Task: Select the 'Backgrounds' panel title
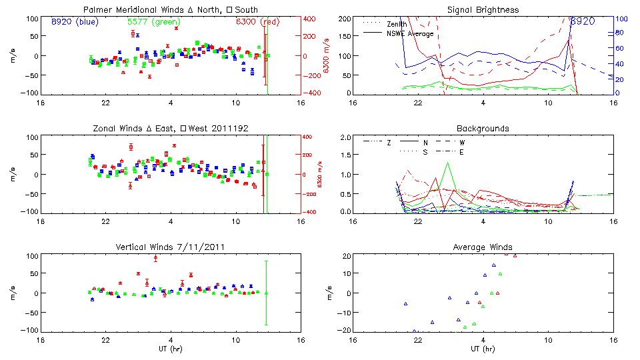click(483, 128)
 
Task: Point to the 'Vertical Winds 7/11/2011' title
click(171, 247)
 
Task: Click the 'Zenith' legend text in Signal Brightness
click(395, 24)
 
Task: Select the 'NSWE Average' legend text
click(409, 33)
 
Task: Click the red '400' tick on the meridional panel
click(311, 19)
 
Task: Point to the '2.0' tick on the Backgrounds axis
click(345, 137)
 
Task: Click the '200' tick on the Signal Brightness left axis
click(344, 19)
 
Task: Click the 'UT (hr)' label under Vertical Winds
click(171, 349)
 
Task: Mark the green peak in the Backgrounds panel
click(448, 163)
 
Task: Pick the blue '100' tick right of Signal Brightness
click(619, 19)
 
